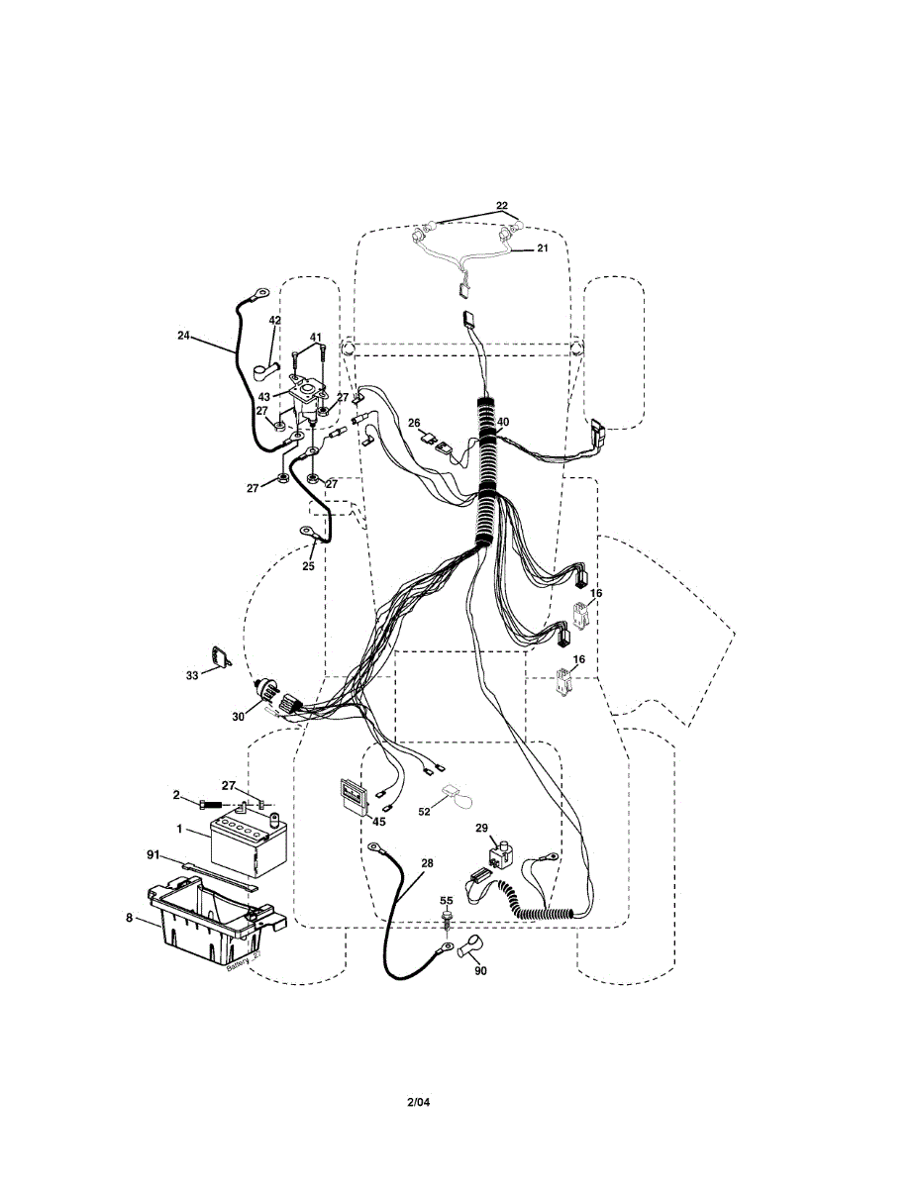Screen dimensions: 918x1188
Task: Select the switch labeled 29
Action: (x=503, y=853)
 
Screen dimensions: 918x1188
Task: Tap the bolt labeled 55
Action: (x=448, y=921)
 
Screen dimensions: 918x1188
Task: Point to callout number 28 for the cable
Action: (x=426, y=863)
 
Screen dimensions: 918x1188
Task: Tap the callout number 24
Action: (x=183, y=336)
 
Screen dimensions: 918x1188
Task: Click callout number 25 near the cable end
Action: (x=308, y=566)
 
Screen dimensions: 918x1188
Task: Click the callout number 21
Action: (x=542, y=248)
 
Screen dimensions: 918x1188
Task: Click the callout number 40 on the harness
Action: (x=503, y=422)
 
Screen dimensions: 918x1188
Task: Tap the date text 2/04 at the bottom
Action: (x=419, y=1102)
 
